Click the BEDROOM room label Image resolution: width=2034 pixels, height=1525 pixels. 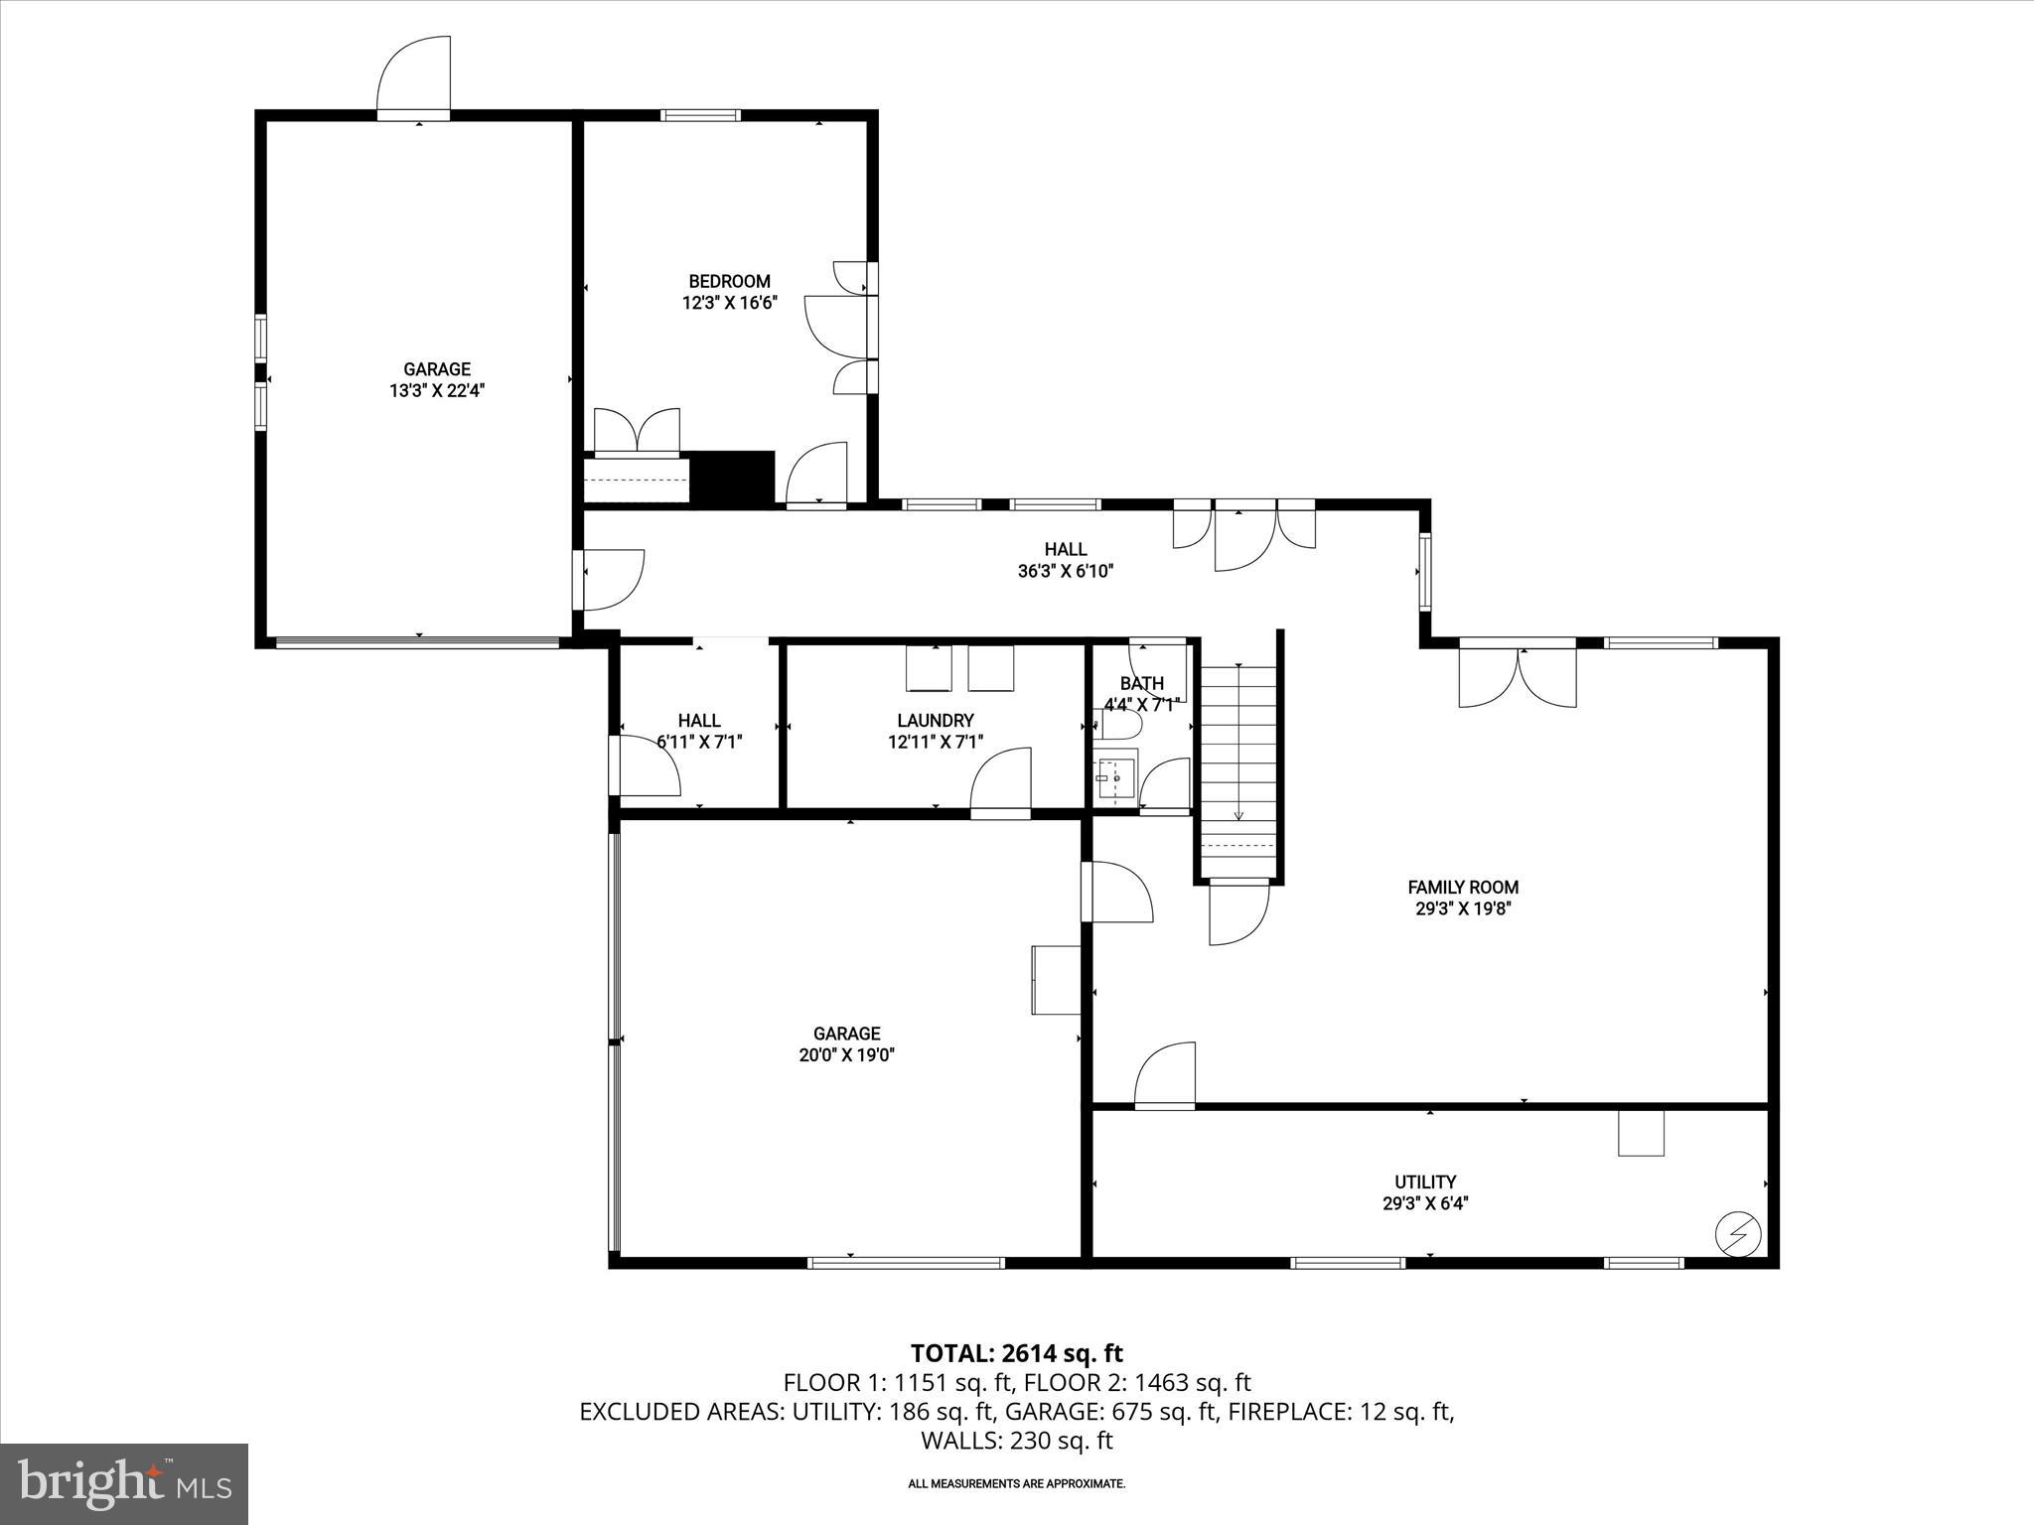pyautogui.click(x=729, y=281)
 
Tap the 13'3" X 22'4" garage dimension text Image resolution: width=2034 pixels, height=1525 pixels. pyautogui.click(x=436, y=391)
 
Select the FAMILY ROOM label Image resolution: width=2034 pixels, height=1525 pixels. pyautogui.click(x=1463, y=887)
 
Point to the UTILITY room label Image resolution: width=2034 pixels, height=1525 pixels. pyautogui.click(x=1425, y=1181)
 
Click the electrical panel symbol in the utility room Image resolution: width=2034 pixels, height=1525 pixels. pyautogui.click(x=1738, y=1234)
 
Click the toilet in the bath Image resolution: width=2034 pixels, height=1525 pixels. pyautogui.click(x=1120, y=726)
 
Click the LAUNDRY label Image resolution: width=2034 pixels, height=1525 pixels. pyautogui.click(x=935, y=721)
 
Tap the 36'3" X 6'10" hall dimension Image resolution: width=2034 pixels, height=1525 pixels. pyautogui.click(x=1065, y=571)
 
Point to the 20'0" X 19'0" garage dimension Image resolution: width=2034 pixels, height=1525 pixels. pyautogui.click(x=847, y=1055)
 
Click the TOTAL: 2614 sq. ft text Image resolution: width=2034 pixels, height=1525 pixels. pyautogui.click(x=1016, y=1352)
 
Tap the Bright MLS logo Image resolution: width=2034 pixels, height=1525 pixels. pyautogui.click(x=124, y=1483)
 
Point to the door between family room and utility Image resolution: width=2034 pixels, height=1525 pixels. pyautogui.click(x=1165, y=1074)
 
